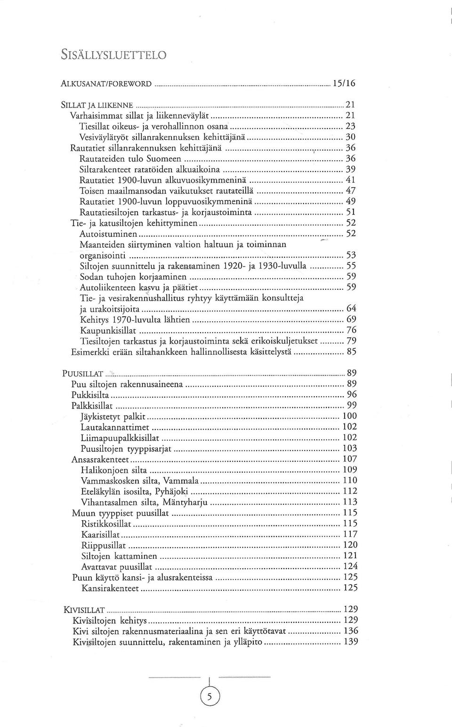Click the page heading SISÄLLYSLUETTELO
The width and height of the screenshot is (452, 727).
point(113,55)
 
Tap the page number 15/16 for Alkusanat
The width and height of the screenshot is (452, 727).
point(344,83)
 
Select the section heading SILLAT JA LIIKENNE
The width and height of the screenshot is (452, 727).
point(97,105)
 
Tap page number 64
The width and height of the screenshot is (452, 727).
point(351,309)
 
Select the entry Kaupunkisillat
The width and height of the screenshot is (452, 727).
point(108,330)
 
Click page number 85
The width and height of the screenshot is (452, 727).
point(351,351)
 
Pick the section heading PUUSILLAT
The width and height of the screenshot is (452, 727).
point(83,374)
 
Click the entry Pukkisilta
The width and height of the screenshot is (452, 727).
point(90,394)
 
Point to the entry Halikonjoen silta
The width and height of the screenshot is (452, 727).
point(113,470)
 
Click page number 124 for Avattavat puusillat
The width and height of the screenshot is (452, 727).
point(350,566)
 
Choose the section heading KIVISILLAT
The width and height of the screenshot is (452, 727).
point(84,610)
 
